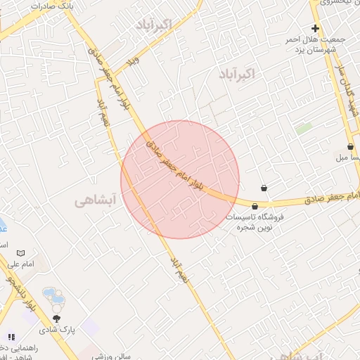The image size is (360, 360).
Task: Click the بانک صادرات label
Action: pos(53,6)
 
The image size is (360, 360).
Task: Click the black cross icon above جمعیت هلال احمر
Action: pos(316,29)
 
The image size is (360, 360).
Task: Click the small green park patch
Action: pos(304,129)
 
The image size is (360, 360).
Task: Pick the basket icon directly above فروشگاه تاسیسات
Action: pos(255,206)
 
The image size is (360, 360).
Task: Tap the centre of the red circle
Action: pos(180,179)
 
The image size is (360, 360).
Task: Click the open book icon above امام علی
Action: pos(21,252)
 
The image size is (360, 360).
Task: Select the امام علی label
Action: pos(22,264)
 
